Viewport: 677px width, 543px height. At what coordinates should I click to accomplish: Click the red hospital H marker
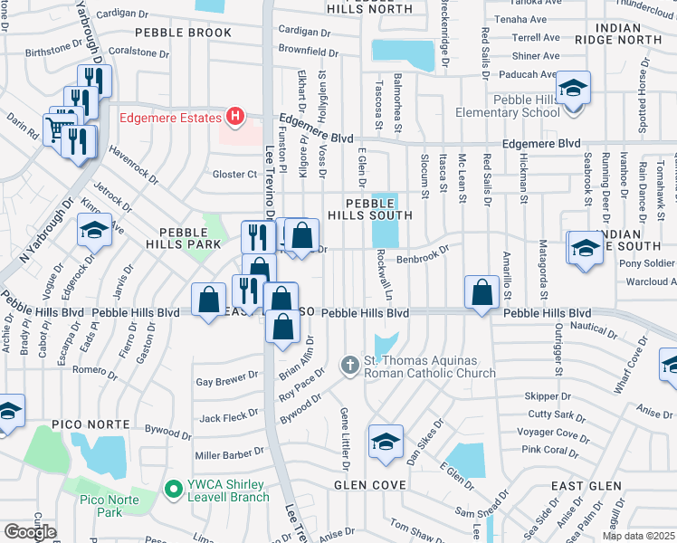click(x=235, y=117)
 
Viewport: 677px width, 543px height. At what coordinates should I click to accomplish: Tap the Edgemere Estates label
click(x=171, y=118)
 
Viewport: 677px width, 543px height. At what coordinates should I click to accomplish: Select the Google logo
click(x=30, y=531)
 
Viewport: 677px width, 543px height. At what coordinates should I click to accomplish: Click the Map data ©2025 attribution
click(x=639, y=536)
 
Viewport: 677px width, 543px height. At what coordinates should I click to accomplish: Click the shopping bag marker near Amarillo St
click(x=482, y=291)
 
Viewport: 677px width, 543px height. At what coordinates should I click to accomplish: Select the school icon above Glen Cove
click(x=386, y=442)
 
